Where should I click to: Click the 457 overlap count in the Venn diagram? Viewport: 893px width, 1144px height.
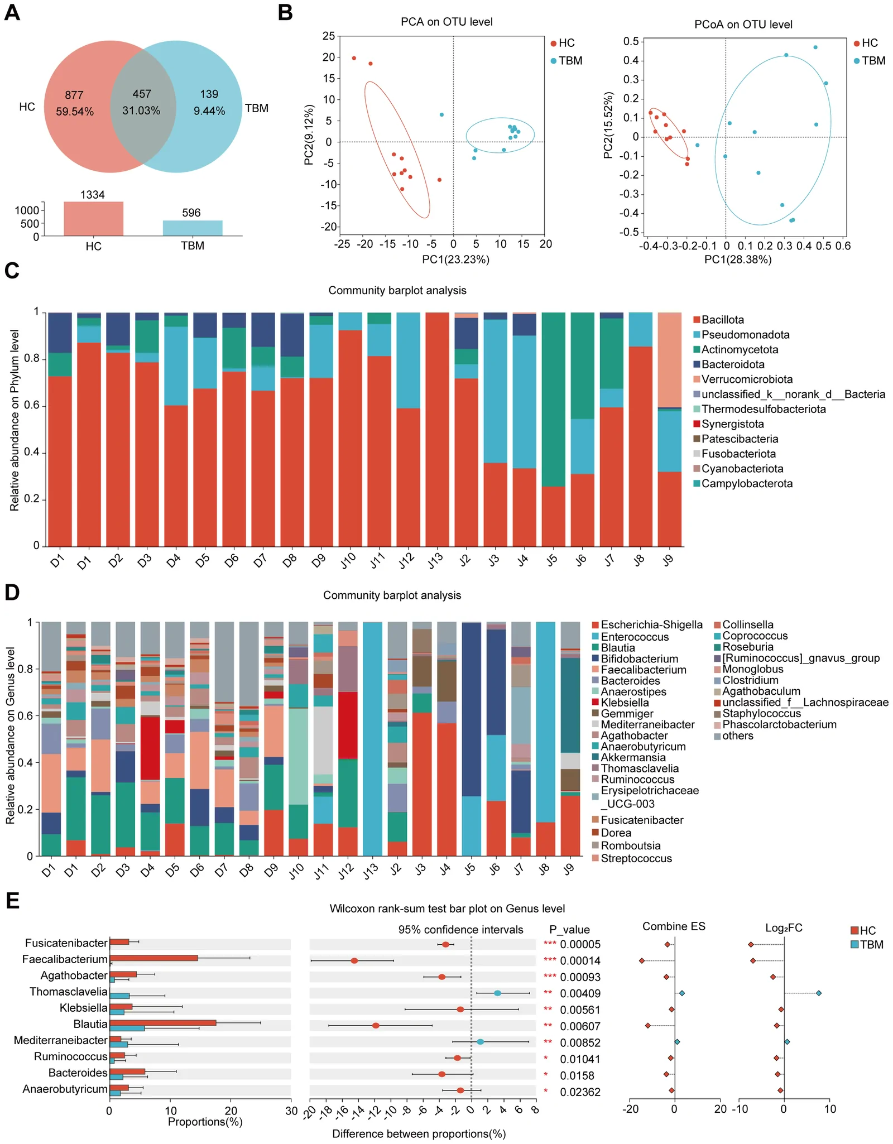[x=142, y=94]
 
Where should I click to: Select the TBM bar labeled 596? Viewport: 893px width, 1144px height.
[x=193, y=228]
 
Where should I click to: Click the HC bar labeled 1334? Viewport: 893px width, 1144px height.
[x=93, y=219]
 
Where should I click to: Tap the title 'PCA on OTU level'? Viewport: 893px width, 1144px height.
[x=446, y=22]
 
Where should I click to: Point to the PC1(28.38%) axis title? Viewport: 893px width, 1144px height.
[x=738, y=259]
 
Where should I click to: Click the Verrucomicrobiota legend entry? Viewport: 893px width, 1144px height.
[x=743, y=379]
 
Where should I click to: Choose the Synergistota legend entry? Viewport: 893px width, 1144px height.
[x=728, y=424]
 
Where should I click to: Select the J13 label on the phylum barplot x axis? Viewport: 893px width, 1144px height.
[x=435, y=560]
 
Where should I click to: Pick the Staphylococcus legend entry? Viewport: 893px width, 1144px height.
[x=757, y=713]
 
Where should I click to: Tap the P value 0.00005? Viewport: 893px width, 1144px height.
[x=580, y=944]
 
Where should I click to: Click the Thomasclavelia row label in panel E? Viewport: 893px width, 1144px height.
[x=68, y=992]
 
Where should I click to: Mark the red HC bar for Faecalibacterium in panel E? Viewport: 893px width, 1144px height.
[x=153, y=958]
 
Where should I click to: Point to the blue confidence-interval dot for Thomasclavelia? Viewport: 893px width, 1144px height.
[x=497, y=993]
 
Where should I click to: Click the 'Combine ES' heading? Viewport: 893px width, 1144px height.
[x=674, y=927]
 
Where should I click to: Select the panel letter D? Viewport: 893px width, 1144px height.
[x=12, y=593]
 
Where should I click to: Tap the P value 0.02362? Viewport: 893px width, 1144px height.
[x=580, y=1092]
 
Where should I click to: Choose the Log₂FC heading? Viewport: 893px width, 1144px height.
[x=784, y=928]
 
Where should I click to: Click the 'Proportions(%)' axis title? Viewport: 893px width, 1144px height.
[x=205, y=1122]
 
